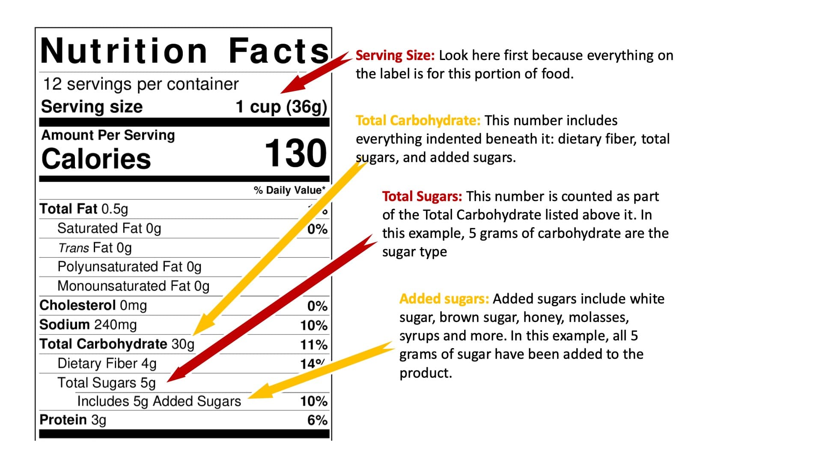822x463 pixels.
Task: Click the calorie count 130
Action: click(295, 153)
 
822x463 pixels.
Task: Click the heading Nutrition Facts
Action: click(184, 51)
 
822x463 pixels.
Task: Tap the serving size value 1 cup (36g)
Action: click(281, 107)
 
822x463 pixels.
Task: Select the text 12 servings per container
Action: click(141, 84)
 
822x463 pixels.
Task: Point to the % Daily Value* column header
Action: click(289, 190)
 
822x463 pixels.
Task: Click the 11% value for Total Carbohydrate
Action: click(313, 345)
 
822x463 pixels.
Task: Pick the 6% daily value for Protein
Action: click(317, 420)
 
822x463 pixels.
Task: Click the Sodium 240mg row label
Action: click(88, 325)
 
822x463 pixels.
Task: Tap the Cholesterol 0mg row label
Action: click(93, 306)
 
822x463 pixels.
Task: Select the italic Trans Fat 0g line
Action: click(95, 248)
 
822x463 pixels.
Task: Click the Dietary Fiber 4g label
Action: click(107, 364)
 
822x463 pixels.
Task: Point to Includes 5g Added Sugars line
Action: click(159, 402)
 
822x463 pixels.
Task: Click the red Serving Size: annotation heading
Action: click(395, 56)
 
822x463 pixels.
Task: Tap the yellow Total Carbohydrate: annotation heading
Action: click(418, 121)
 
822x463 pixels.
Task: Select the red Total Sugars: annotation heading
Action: click(422, 197)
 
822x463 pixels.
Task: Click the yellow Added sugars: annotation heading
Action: click(444, 299)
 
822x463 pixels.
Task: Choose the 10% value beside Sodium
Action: click(313, 326)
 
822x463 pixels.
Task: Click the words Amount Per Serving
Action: click(108, 135)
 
